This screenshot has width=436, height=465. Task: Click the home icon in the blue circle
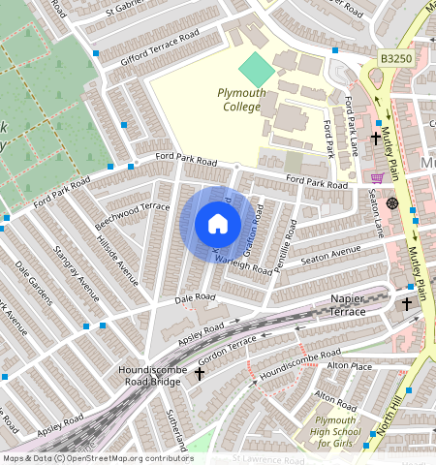(218, 224)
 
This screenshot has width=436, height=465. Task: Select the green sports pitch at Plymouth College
(256, 69)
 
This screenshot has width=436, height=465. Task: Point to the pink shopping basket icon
(376, 178)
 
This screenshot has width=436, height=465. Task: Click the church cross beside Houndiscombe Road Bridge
(201, 372)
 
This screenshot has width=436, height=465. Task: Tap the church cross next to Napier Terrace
(407, 305)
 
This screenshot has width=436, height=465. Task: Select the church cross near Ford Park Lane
(374, 139)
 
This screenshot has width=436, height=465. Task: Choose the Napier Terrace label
(360, 305)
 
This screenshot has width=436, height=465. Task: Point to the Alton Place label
(349, 366)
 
